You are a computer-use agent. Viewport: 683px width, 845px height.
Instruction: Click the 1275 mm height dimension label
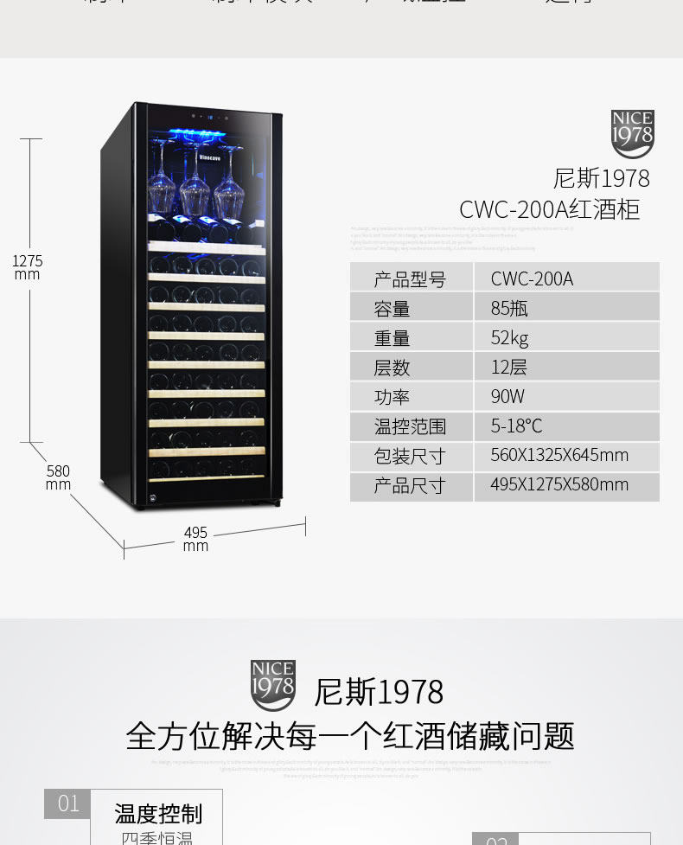click(28, 267)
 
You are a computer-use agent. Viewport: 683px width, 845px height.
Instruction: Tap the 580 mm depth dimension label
click(58, 477)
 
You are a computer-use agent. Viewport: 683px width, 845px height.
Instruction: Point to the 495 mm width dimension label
click(195, 539)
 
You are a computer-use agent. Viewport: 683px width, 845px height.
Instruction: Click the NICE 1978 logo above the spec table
click(632, 133)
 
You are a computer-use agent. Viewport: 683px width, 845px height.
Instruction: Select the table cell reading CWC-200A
click(532, 278)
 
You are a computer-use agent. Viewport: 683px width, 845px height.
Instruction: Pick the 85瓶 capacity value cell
click(509, 308)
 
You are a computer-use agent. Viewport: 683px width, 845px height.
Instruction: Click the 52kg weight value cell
click(509, 337)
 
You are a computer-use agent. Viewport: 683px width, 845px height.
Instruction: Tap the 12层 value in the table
click(508, 367)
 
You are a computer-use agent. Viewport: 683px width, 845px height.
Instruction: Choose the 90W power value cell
click(507, 396)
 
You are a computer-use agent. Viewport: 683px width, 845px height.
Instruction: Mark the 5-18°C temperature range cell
click(516, 426)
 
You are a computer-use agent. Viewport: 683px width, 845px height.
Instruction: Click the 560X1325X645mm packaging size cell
click(559, 455)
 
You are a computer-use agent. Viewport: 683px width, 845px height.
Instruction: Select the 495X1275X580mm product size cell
click(559, 484)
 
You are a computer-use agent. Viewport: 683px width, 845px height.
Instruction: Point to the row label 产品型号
click(410, 278)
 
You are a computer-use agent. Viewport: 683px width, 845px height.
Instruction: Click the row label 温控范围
click(410, 426)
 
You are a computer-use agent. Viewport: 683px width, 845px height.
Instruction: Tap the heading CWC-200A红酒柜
click(549, 209)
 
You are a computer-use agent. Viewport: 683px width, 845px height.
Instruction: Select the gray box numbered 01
click(67, 803)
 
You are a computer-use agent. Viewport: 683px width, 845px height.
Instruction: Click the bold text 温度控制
click(158, 814)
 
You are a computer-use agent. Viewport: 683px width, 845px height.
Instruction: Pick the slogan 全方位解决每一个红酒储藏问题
click(350, 736)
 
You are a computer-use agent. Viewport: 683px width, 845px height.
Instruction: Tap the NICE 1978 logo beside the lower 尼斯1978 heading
click(272, 685)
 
